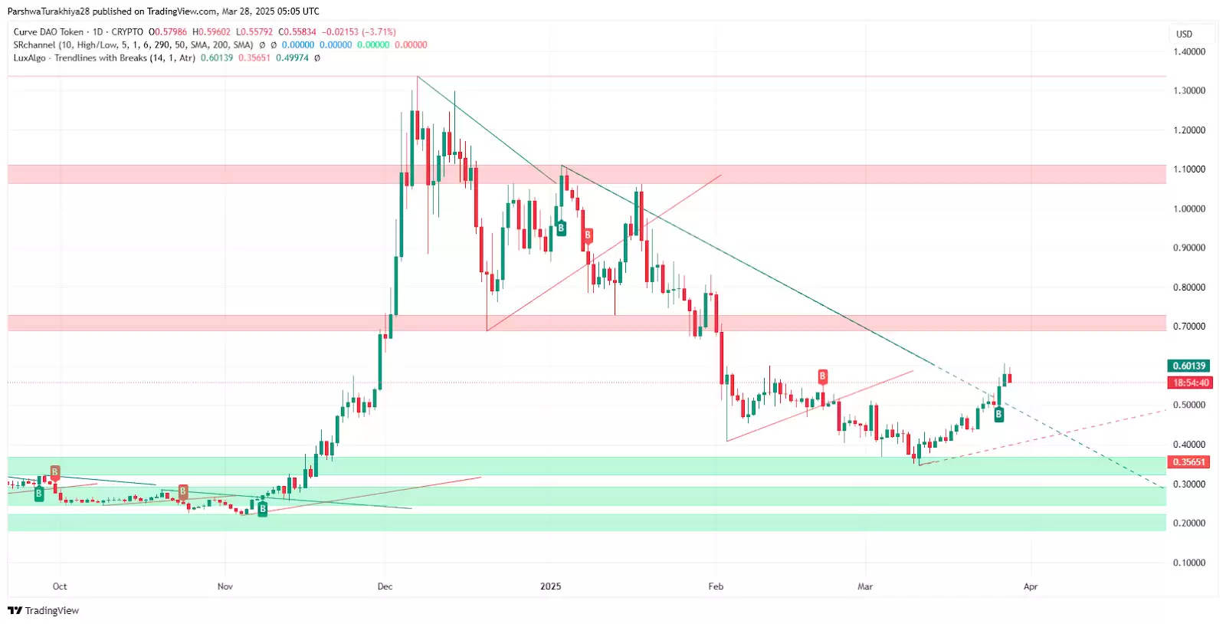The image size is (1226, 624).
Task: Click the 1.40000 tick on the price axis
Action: pos(1189,52)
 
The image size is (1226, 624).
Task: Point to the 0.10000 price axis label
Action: pos(1189,563)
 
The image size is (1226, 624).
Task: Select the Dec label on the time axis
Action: pos(385,586)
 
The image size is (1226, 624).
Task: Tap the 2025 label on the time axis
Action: pos(550,586)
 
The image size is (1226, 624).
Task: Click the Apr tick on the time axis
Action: pos(1031,586)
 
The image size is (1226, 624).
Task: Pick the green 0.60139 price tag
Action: pos(1188,366)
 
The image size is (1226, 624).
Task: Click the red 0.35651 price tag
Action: pos(1188,462)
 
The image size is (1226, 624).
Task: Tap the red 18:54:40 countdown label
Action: pos(1191,383)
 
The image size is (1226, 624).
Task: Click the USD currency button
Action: pos(1185,34)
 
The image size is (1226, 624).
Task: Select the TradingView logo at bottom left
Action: pos(44,611)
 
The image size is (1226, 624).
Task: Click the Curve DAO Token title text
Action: pos(48,32)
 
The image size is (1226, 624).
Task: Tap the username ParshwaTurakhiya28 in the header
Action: pos(48,11)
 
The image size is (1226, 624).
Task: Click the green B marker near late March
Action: pos(998,415)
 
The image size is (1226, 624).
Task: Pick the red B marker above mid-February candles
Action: pos(822,376)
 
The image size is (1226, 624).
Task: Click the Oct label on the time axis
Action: pos(60,586)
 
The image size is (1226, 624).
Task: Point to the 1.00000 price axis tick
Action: pos(1189,209)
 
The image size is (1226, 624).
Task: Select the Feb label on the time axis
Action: pos(716,586)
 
